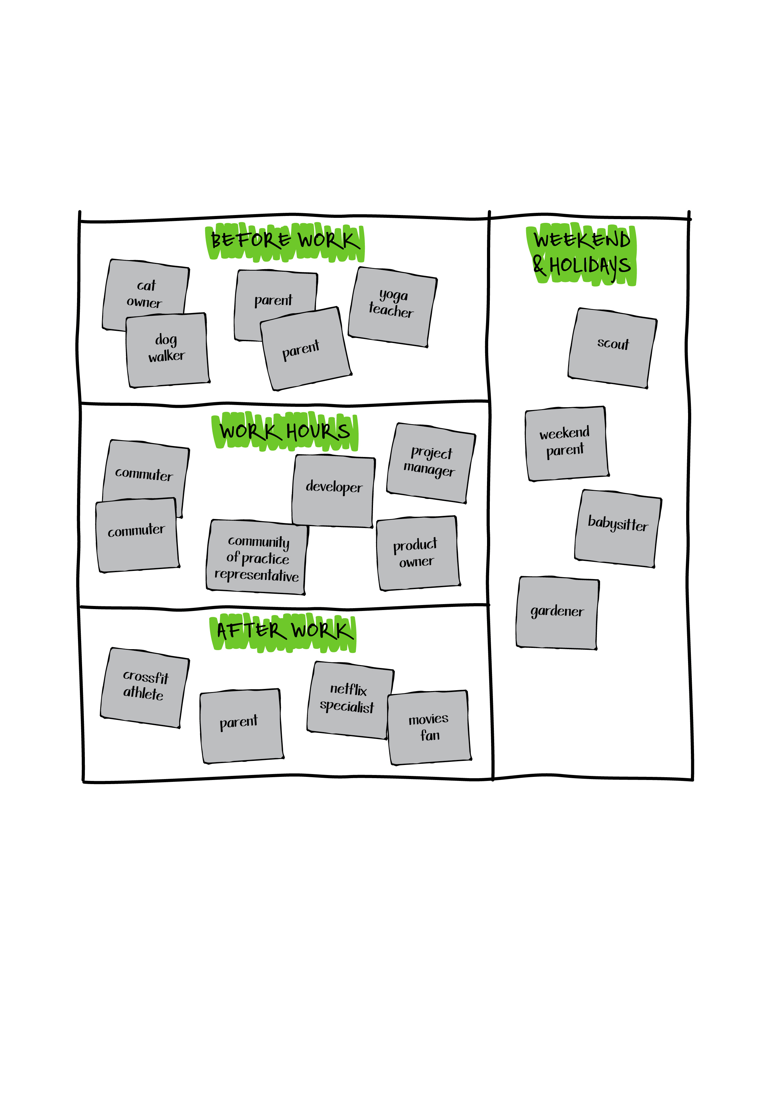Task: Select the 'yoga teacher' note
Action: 392,306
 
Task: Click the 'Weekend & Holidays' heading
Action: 582,254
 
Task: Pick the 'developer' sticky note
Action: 334,490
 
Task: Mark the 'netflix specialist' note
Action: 348,699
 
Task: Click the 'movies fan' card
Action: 429,727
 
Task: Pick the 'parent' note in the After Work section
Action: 241,725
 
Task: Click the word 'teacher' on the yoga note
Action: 391,311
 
